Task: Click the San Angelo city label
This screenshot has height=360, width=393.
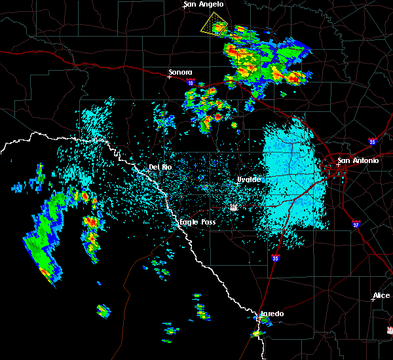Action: (204, 5)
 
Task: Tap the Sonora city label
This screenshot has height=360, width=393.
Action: (181, 72)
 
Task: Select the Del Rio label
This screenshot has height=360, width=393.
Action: (160, 167)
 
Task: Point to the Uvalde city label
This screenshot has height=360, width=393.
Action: (249, 179)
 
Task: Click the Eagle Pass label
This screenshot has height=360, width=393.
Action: (198, 223)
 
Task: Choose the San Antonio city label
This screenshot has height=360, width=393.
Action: (358, 160)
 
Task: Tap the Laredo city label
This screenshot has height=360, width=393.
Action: (272, 314)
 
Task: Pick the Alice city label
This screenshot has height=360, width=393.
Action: (381, 296)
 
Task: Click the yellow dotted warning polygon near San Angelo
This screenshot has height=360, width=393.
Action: (214, 26)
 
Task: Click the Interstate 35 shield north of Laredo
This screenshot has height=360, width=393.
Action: (276, 259)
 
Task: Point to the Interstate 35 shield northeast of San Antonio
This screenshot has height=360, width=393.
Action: (373, 140)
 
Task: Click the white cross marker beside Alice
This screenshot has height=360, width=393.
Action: (372, 300)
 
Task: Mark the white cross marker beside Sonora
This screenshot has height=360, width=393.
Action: (169, 77)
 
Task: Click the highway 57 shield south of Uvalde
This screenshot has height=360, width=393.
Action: (233, 207)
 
